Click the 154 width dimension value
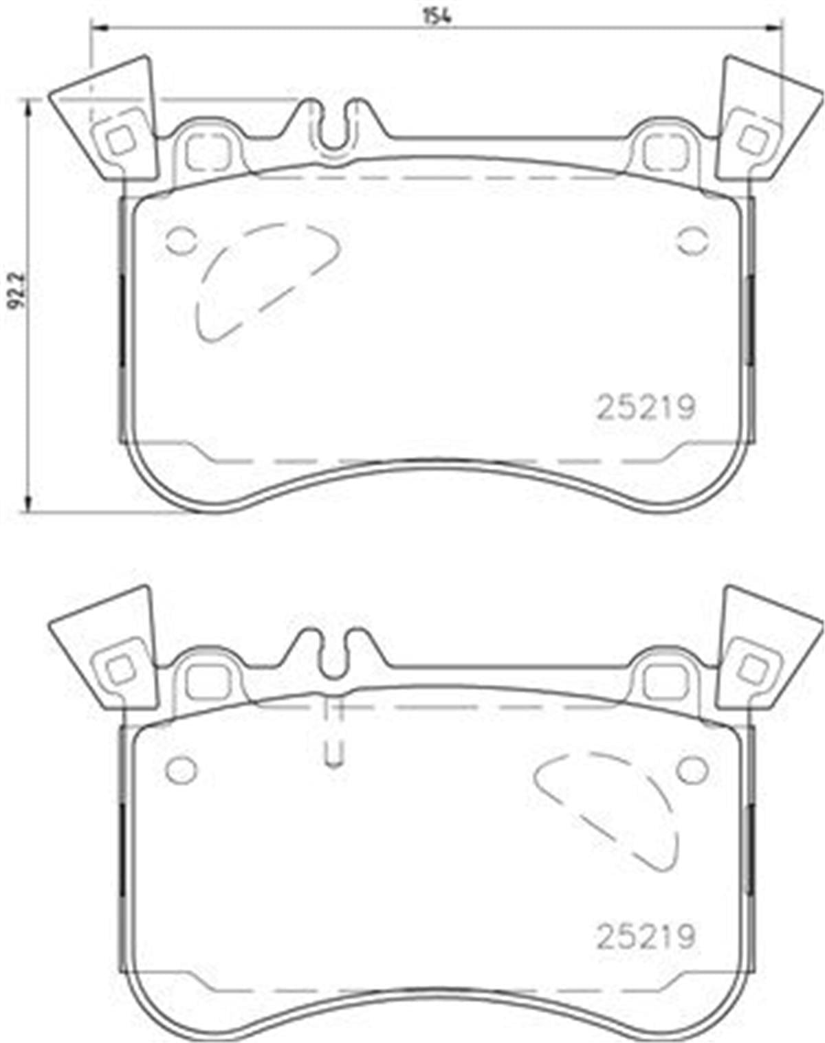(x=437, y=16)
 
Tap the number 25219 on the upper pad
(x=646, y=407)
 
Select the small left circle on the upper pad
(x=181, y=240)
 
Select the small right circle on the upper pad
(x=692, y=240)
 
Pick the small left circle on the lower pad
(x=181, y=770)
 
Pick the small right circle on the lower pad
(x=692, y=770)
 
